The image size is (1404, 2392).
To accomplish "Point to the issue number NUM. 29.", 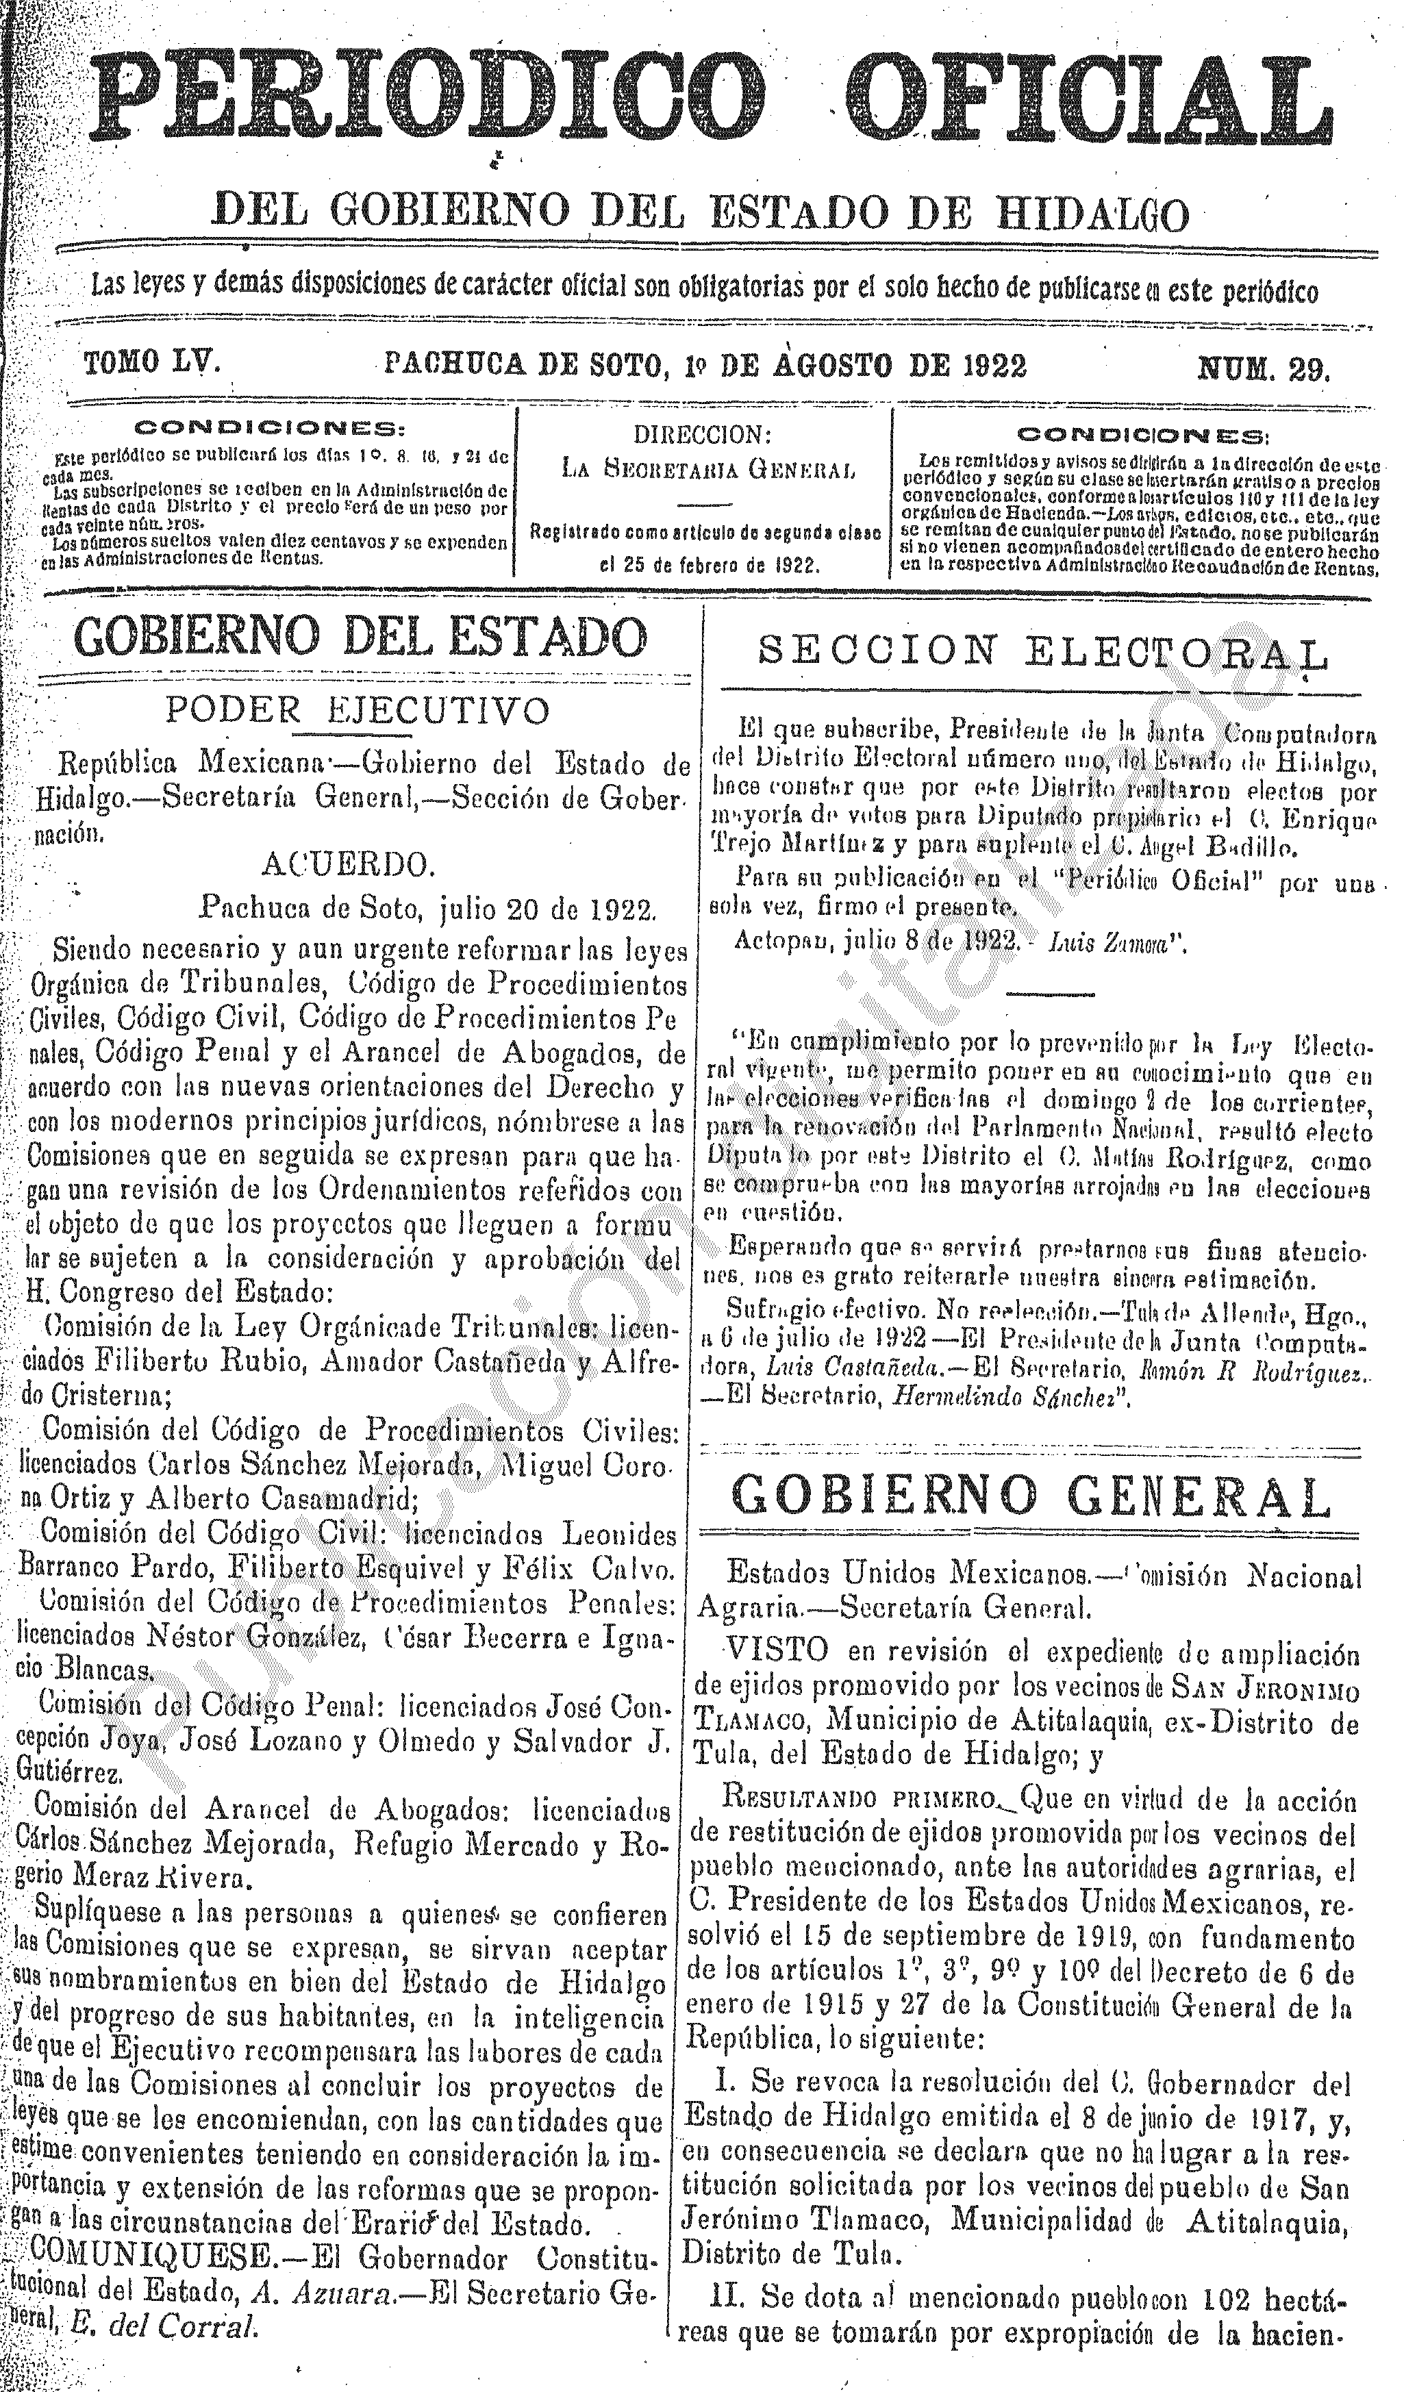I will pyautogui.click(x=1262, y=366).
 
